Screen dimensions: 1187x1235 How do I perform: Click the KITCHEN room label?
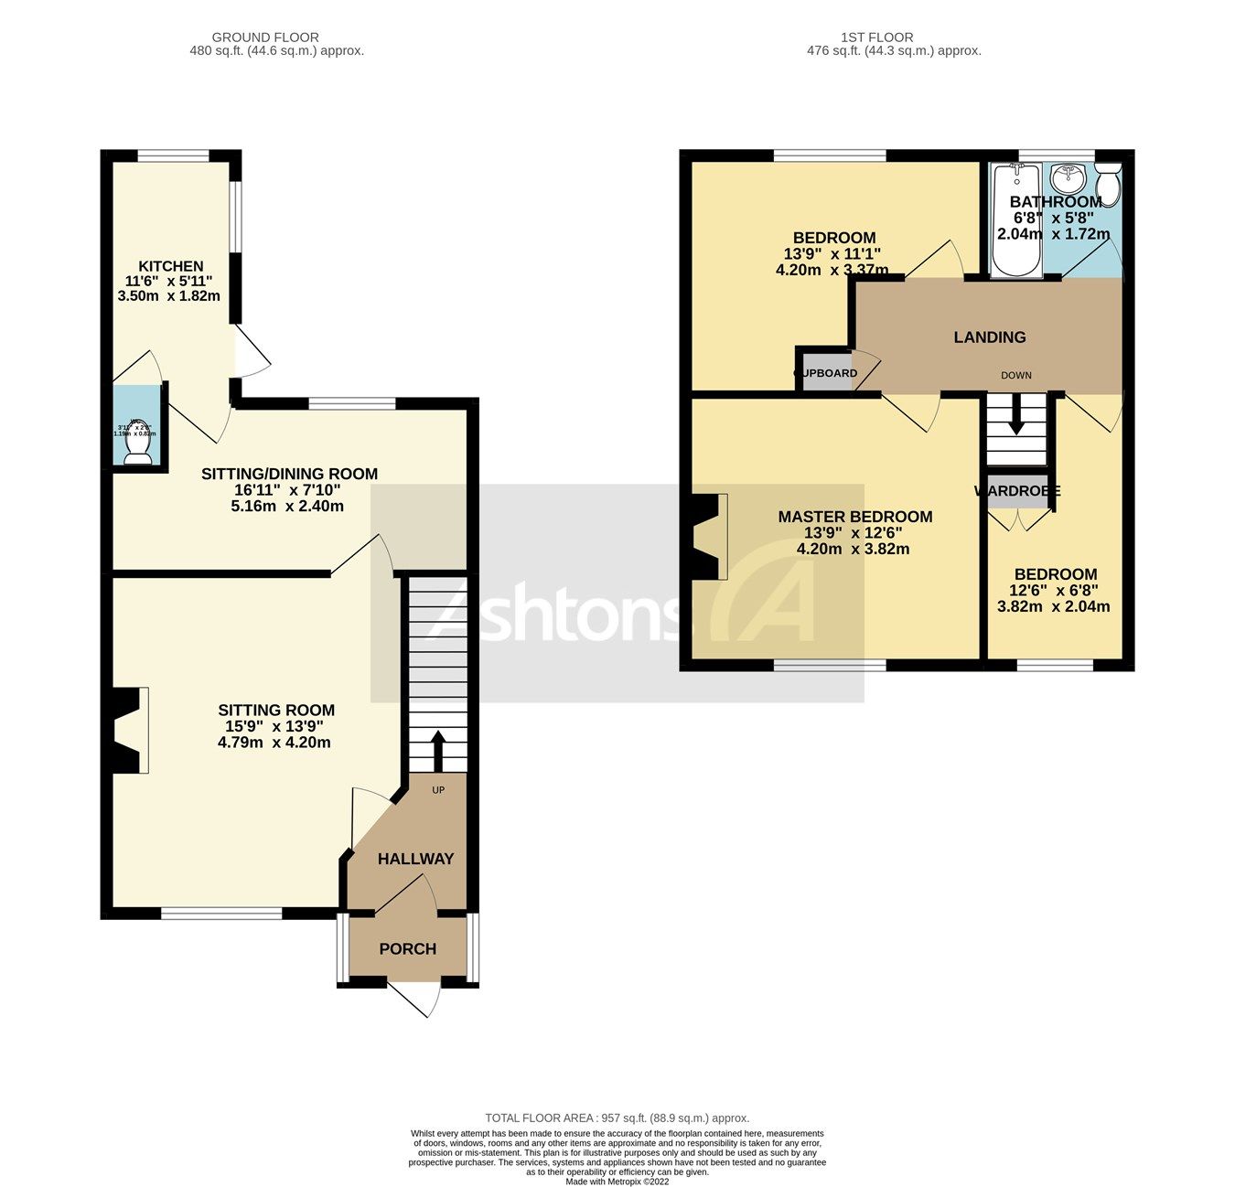pos(170,266)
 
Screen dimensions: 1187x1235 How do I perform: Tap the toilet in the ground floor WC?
pos(137,445)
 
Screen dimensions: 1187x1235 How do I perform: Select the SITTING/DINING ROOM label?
pos(289,474)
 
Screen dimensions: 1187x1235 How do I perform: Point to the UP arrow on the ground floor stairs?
pos(438,750)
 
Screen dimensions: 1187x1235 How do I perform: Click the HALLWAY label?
pos(415,859)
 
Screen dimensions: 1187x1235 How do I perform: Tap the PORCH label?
pos(407,949)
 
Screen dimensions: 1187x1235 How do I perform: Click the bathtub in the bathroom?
pos(1015,219)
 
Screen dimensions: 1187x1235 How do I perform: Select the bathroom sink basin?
pos(1067,175)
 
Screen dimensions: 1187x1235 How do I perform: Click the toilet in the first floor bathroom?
pos(1108,186)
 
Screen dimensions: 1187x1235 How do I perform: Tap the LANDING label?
pos(990,337)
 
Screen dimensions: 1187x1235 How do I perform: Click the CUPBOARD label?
pos(826,373)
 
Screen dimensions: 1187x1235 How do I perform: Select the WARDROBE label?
pos(1016,491)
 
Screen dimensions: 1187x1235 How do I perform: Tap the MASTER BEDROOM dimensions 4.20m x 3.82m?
pos(853,550)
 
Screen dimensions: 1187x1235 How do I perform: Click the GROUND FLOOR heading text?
pos(265,37)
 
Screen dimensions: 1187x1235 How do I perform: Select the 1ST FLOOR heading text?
pos(876,37)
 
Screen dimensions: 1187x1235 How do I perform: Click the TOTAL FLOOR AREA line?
pos(617,1117)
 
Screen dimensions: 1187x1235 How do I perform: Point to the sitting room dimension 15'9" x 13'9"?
pos(274,726)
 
